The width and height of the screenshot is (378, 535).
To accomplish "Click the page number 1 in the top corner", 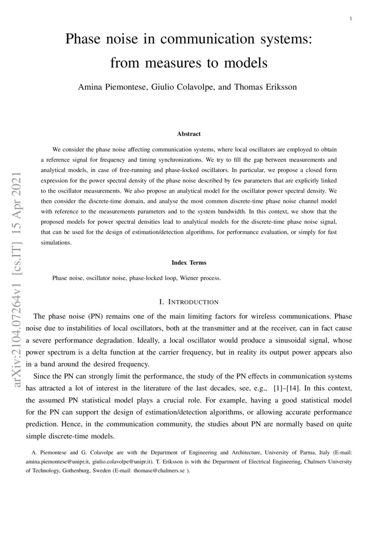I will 350,19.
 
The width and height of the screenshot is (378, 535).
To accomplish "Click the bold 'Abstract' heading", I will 189,134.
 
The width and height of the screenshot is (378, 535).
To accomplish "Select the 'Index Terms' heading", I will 189,263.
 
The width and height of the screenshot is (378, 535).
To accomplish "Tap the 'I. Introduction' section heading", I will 189,302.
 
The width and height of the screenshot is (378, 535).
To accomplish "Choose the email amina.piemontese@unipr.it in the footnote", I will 57,462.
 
